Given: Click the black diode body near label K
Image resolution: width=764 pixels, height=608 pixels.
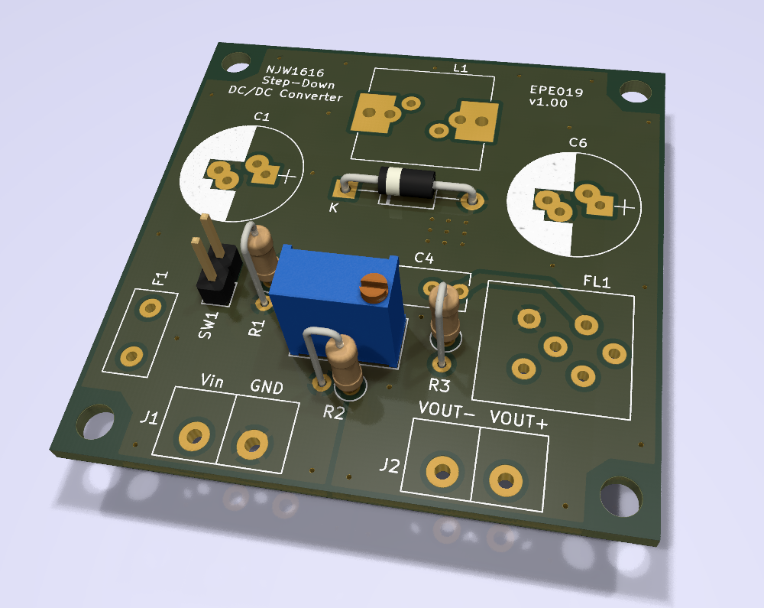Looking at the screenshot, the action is click(x=406, y=182).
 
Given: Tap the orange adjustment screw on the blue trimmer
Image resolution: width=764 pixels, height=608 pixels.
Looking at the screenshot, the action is click(x=374, y=286).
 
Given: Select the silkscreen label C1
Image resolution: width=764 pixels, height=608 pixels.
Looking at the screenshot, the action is click(x=262, y=116).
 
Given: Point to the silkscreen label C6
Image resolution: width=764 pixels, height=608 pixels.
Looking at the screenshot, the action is click(x=578, y=142).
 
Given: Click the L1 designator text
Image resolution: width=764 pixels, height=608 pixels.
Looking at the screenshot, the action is click(x=461, y=68).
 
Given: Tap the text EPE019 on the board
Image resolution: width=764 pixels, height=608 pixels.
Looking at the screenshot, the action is click(x=556, y=91).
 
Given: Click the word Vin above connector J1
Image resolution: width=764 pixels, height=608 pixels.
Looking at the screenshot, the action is click(x=212, y=380).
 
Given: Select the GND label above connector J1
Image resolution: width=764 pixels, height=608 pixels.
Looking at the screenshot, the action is click(x=267, y=387).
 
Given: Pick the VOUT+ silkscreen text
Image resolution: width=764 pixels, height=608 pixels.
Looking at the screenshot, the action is click(x=519, y=419).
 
